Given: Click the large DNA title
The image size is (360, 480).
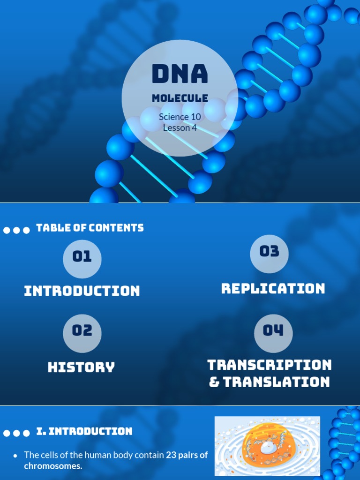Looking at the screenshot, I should [x=180, y=74].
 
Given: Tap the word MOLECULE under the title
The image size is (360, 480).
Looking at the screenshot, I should [x=180, y=98].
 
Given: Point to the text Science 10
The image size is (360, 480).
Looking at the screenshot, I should [x=180, y=117].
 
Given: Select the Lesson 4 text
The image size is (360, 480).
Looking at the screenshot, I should [x=180, y=127].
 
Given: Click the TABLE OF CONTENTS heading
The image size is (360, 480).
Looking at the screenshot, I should [x=90, y=228].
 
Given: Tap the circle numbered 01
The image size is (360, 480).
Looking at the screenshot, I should [x=82, y=257].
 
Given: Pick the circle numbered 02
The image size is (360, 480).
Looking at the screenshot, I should [x=82, y=331].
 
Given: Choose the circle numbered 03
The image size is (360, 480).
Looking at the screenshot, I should [x=269, y=252].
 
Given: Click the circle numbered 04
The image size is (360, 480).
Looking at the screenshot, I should [x=273, y=331].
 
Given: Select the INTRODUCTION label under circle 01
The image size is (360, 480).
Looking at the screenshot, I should [x=82, y=291].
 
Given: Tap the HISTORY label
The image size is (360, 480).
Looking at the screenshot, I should [x=82, y=367].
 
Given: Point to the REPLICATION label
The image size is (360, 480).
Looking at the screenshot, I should [x=273, y=288].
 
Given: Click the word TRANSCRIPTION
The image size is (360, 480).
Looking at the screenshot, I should [x=270, y=365].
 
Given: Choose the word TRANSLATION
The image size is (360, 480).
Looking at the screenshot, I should [x=277, y=382].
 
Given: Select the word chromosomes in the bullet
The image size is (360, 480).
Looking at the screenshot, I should [x=52, y=466].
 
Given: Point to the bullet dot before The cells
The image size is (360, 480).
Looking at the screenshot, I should [x=15, y=455].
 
